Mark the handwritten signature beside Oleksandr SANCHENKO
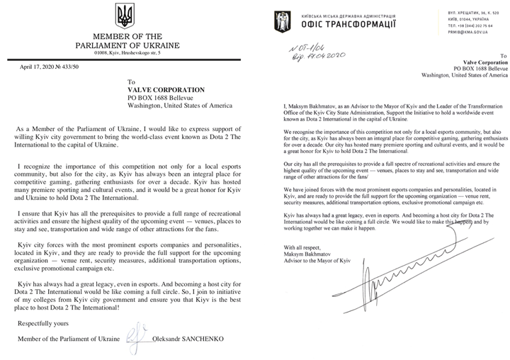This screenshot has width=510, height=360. point(135,342)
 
